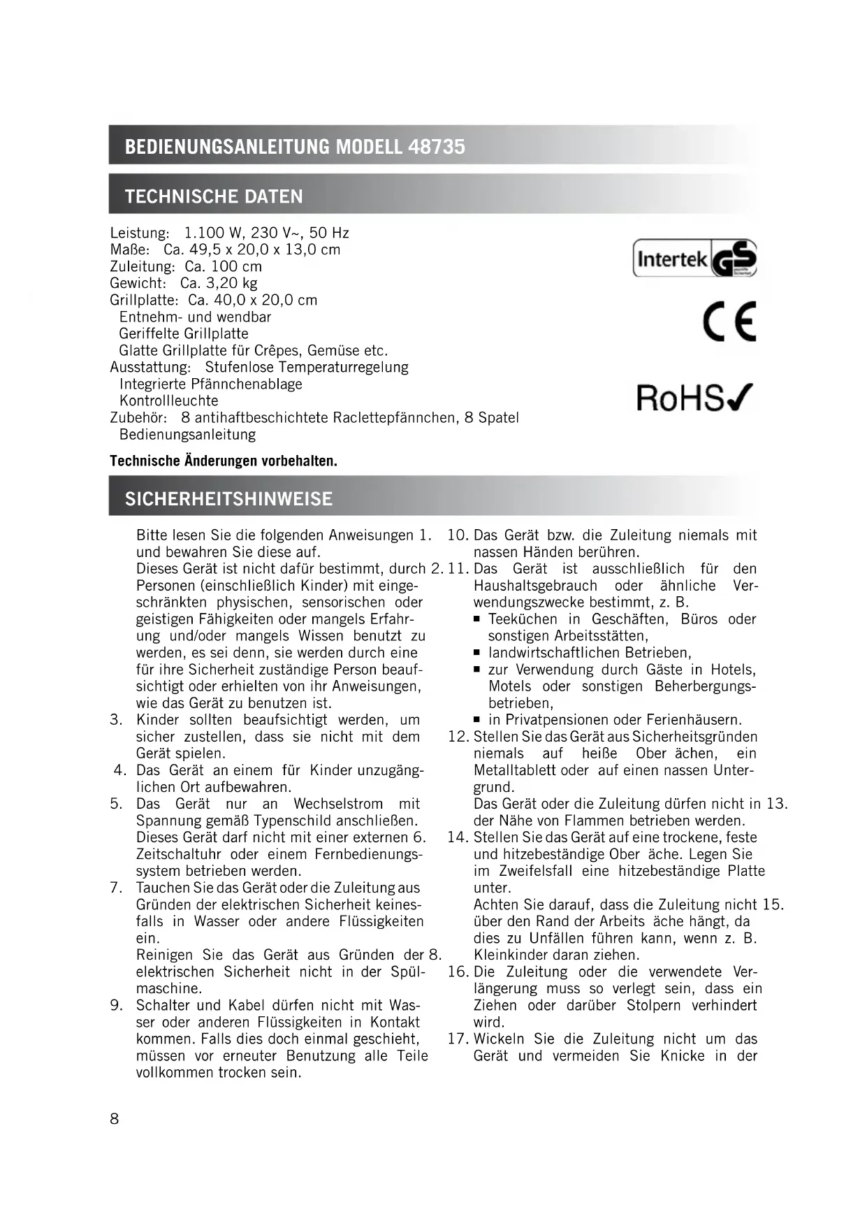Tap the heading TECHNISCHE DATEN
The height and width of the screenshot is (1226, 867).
[x=214, y=196]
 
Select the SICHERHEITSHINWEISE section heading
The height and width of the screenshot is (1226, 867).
[x=228, y=499]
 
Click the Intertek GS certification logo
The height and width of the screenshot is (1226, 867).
[x=694, y=259]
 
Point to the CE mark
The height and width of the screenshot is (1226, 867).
[x=729, y=322]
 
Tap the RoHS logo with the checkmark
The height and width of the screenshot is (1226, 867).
[x=694, y=398]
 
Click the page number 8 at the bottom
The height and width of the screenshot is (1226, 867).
[x=115, y=1118]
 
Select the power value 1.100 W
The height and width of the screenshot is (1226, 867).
[x=212, y=233]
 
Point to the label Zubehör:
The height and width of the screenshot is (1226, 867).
[x=138, y=418]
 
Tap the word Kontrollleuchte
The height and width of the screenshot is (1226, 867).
[x=169, y=401]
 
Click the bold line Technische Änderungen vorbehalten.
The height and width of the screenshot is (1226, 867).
[x=224, y=461]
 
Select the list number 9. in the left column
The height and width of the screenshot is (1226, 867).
[x=117, y=1005]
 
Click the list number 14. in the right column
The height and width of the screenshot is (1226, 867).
[x=458, y=837]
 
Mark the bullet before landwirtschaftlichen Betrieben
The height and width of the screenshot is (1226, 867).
[x=476, y=654]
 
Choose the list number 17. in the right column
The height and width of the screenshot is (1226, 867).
[x=458, y=1039]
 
